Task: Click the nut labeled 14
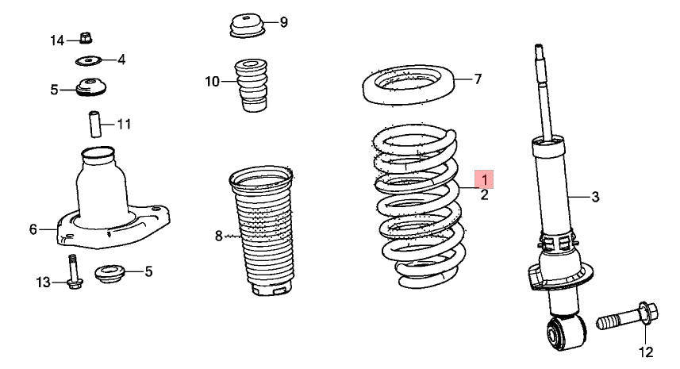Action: click(x=86, y=38)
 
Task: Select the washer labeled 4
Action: click(x=88, y=60)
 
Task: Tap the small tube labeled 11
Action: click(x=95, y=125)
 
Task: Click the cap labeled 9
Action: click(x=247, y=26)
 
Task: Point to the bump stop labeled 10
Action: click(x=251, y=86)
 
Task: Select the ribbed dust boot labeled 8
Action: click(x=263, y=231)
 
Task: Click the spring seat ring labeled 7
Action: click(x=408, y=85)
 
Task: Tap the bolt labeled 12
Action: click(x=627, y=317)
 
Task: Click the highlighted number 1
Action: click(x=484, y=179)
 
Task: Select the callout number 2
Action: click(x=485, y=195)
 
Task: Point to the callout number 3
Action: click(x=595, y=197)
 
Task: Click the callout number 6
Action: click(x=33, y=229)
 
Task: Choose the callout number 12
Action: click(x=646, y=352)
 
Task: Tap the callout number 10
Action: click(x=213, y=81)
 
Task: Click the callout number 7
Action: click(x=478, y=79)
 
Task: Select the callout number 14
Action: click(x=57, y=40)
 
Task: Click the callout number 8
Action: click(x=218, y=236)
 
